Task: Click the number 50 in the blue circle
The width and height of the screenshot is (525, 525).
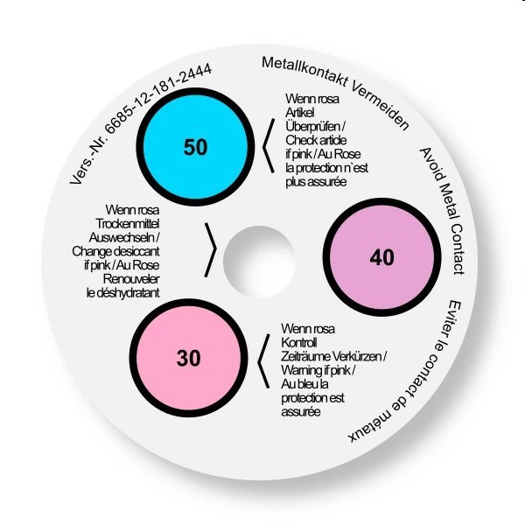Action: coord(195,147)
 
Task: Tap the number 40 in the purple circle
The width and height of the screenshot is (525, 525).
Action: coord(382,257)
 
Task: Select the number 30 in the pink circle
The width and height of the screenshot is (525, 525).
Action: coord(189,358)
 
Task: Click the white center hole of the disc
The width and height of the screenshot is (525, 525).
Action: coord(259,262)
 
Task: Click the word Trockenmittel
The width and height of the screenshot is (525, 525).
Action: coord(127,224)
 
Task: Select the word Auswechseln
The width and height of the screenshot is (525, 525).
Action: coord(122,237)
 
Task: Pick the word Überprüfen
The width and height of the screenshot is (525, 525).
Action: coord(313,126)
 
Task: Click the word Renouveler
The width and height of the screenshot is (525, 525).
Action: coord(131,279)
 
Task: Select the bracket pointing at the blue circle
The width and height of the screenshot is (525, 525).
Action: coord(269,146)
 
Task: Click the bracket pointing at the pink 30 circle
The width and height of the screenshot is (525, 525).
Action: coord(263,361)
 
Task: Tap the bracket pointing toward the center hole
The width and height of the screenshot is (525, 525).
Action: coord(211,249)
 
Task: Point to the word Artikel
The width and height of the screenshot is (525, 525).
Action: coord(300,113)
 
